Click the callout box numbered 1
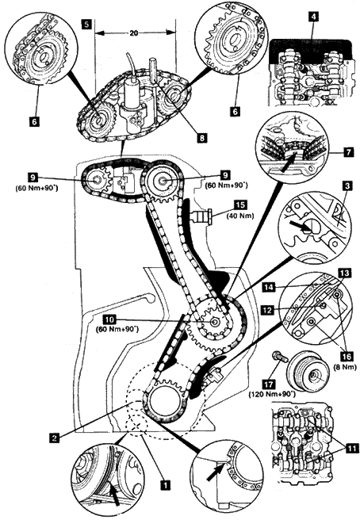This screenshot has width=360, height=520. (165, 485)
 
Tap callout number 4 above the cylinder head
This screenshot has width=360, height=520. (312, 16)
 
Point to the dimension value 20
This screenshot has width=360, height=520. (134, 33)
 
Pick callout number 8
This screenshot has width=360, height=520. (201, 137)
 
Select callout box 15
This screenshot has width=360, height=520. (240, 205)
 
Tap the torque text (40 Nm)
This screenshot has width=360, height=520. (240, 216)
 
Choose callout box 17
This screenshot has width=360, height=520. (269, 384)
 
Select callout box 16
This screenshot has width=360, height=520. (347, 356)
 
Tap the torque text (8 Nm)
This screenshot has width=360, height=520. (347, 367)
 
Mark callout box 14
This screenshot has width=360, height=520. (269, 288)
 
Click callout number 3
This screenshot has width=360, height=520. (347, 186)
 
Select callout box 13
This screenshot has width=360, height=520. (344, 273)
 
